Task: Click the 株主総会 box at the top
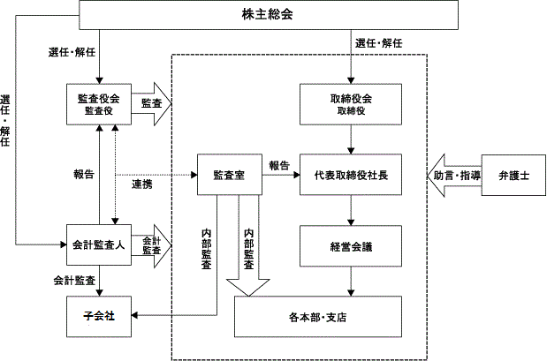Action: tap(269, 15)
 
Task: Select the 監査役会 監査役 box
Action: tap(99, 104)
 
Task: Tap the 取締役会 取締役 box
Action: tap(351, 104)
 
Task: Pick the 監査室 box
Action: tap(230, 175)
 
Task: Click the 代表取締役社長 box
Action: tap(351, 175)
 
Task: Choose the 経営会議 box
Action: tap(351, 246)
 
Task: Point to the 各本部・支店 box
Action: tap(318, 317)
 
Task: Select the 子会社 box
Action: tap(99, 317)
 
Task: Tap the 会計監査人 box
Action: tap(99, 245)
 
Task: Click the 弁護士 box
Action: tap(513, 176)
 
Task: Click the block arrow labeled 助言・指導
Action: tap(454, 176)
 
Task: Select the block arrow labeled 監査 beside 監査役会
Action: tap(151, 104)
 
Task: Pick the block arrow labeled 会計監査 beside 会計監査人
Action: tap(151, 246)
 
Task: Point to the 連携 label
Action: tap(142, 184)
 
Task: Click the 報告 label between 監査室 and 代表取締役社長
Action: tap(279, 166)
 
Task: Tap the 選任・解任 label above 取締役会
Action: tap(379, 43)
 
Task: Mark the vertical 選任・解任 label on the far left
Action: tap(5, 120)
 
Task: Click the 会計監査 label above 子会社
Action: tap(74, 281)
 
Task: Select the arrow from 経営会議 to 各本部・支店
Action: tap(351, 282)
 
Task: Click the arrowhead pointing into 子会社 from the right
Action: tap(134, 315)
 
